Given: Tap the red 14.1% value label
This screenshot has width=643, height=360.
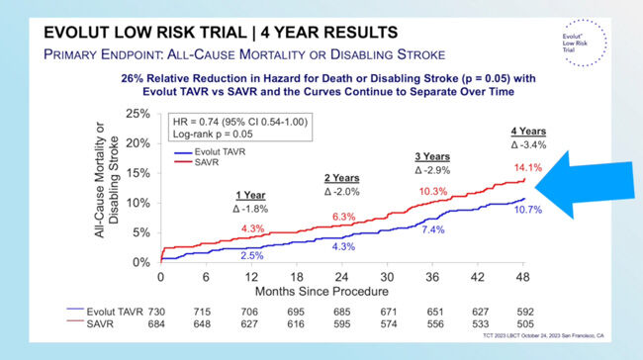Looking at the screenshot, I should point(526,168).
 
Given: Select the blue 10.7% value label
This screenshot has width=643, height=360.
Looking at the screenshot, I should point(527,211).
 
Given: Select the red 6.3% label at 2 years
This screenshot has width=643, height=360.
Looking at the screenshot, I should point(342,217).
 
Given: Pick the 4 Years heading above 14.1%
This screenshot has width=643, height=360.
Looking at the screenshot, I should point(527,132).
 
